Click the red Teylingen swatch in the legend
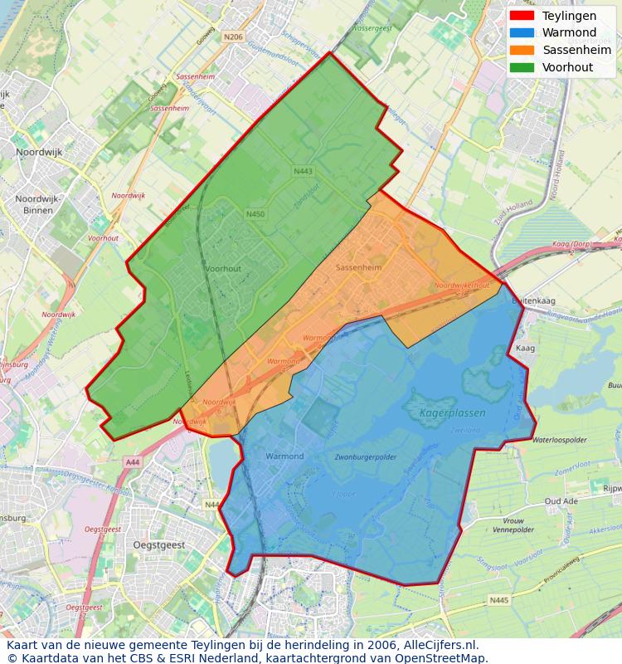522,16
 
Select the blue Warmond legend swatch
522,32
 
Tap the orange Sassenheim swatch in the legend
522,50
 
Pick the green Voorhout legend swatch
522,66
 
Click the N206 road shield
233,37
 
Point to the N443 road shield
303,172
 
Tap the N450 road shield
255,214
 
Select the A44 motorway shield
132,461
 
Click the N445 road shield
498,600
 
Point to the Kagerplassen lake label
452,413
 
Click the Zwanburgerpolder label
365,457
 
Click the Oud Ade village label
561,501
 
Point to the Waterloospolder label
560,440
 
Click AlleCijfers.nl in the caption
440,645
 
